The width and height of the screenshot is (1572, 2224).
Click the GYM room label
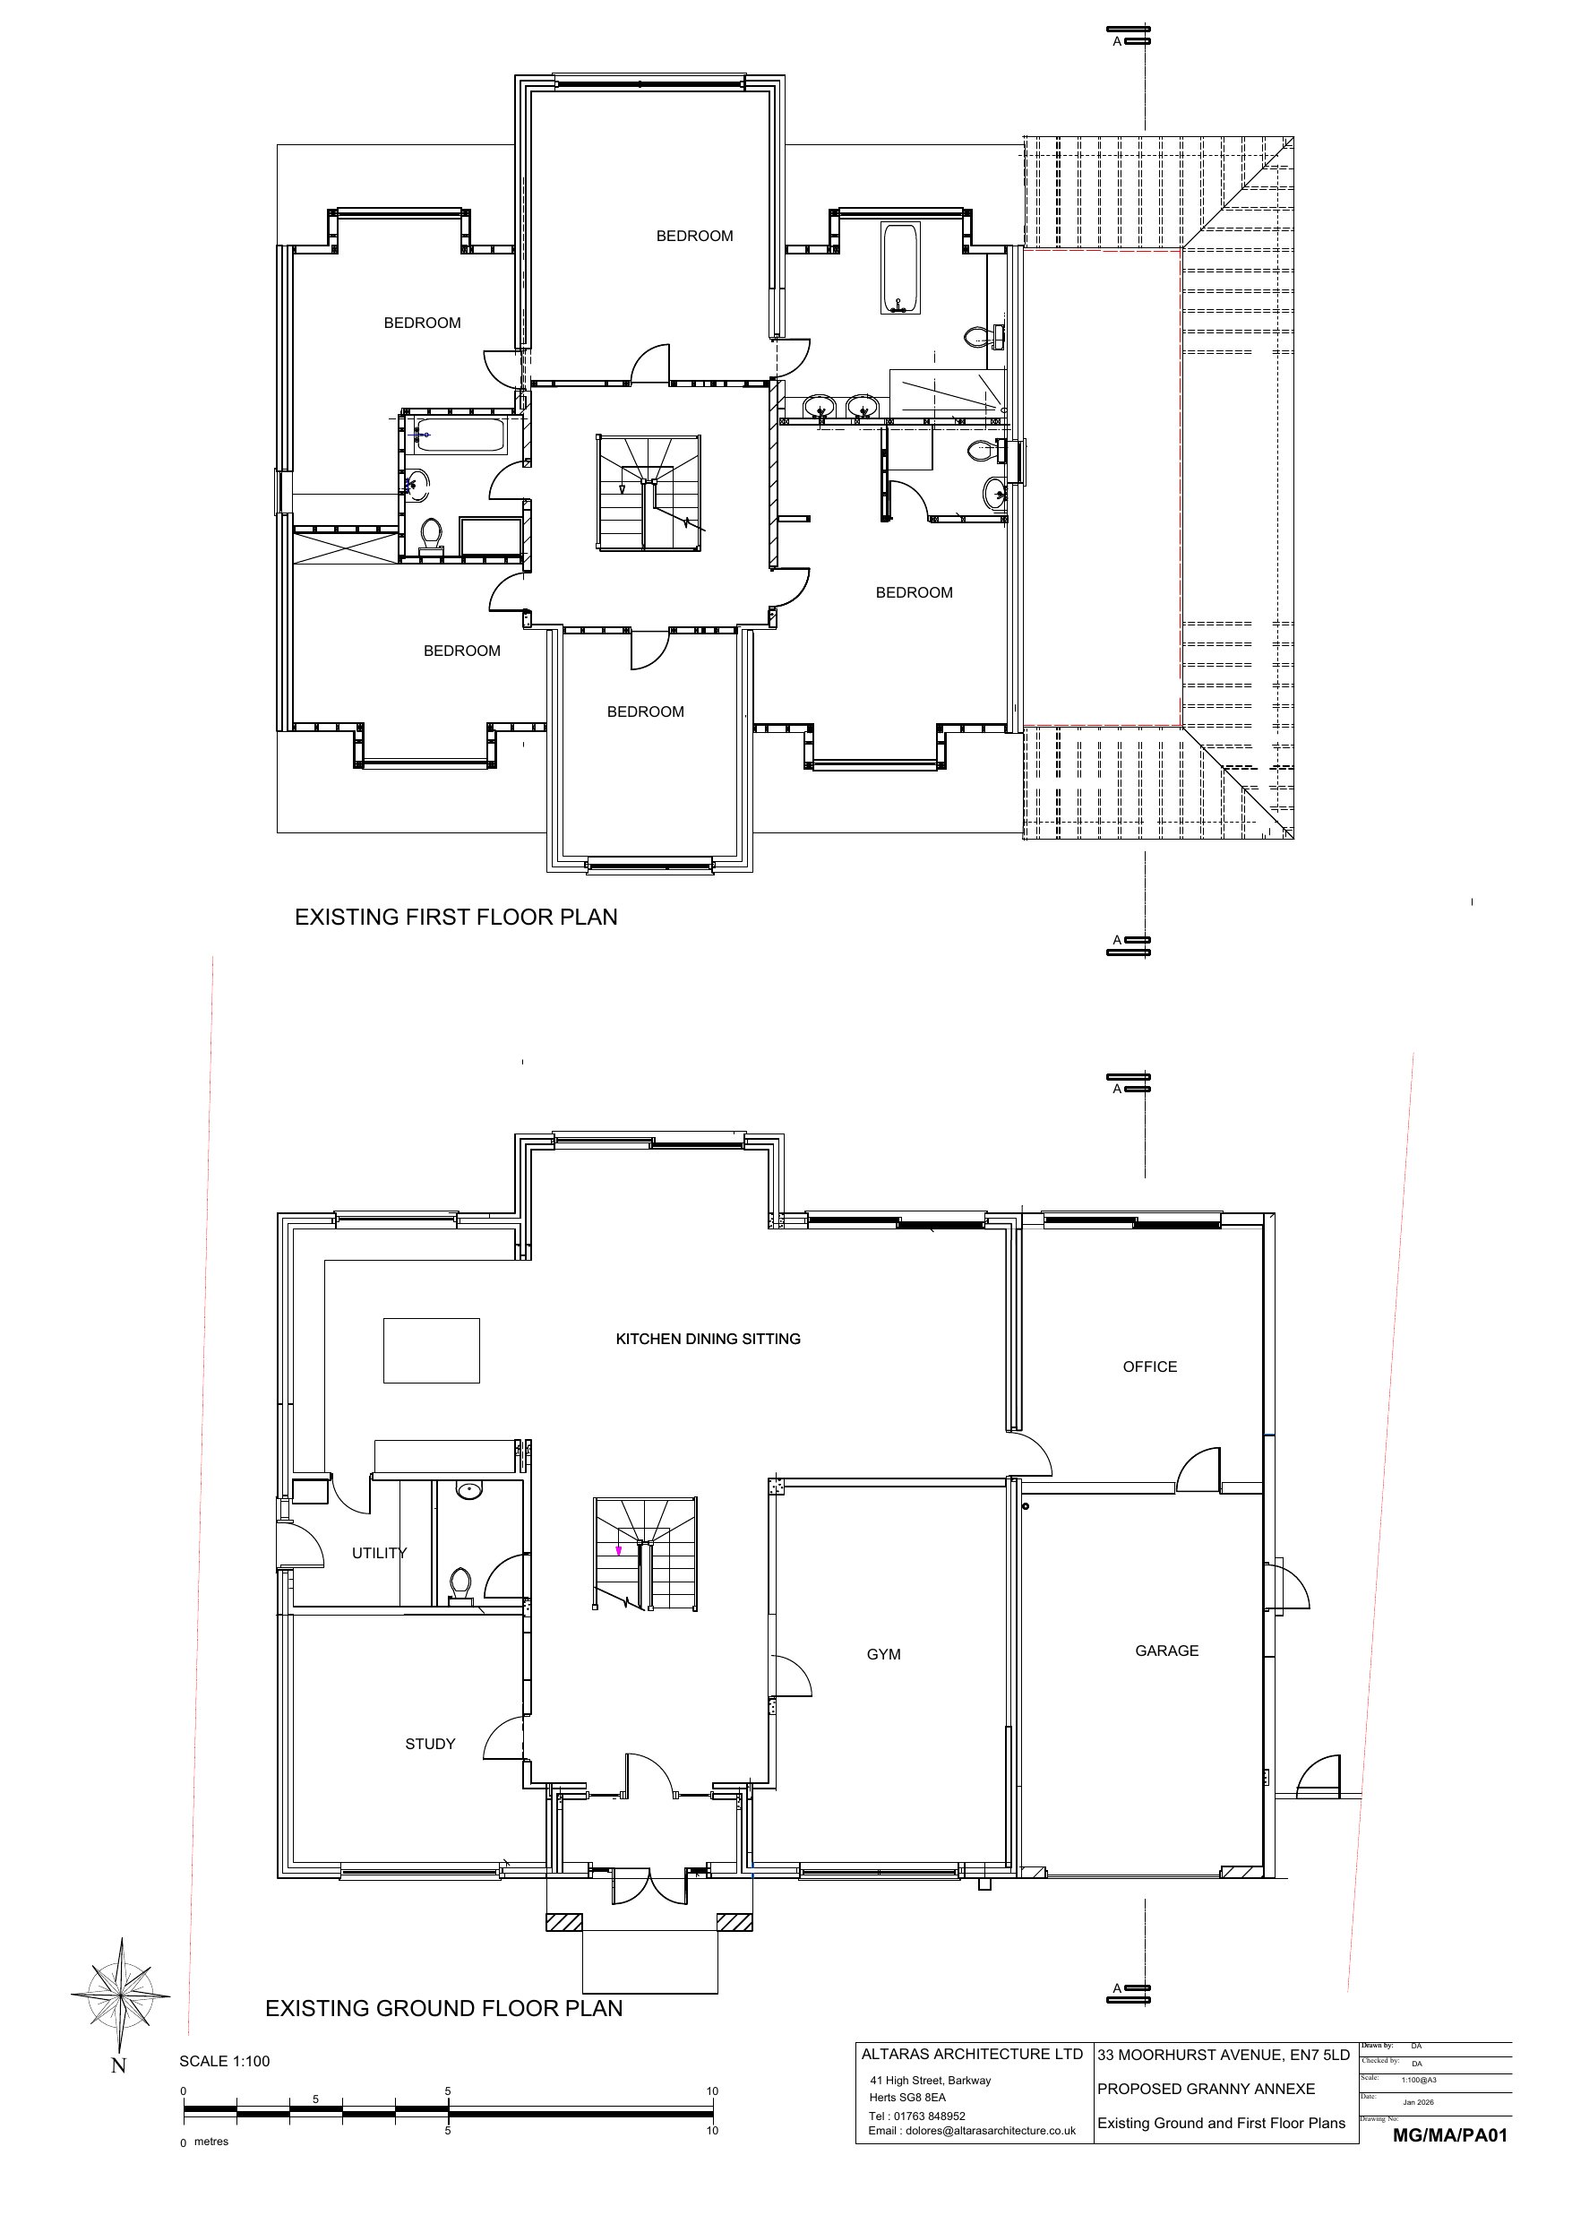883,1654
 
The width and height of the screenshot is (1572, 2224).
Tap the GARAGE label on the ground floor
1166,1651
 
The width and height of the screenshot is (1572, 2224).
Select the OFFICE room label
1150,1366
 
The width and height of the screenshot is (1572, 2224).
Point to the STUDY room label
430,1744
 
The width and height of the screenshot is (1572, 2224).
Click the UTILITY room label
379,1553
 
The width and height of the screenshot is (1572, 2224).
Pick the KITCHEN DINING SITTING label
708,1339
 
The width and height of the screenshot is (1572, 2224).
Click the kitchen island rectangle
431,1350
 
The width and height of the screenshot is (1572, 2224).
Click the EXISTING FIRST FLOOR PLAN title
456,918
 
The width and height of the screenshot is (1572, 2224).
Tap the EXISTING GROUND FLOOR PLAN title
443,2009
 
